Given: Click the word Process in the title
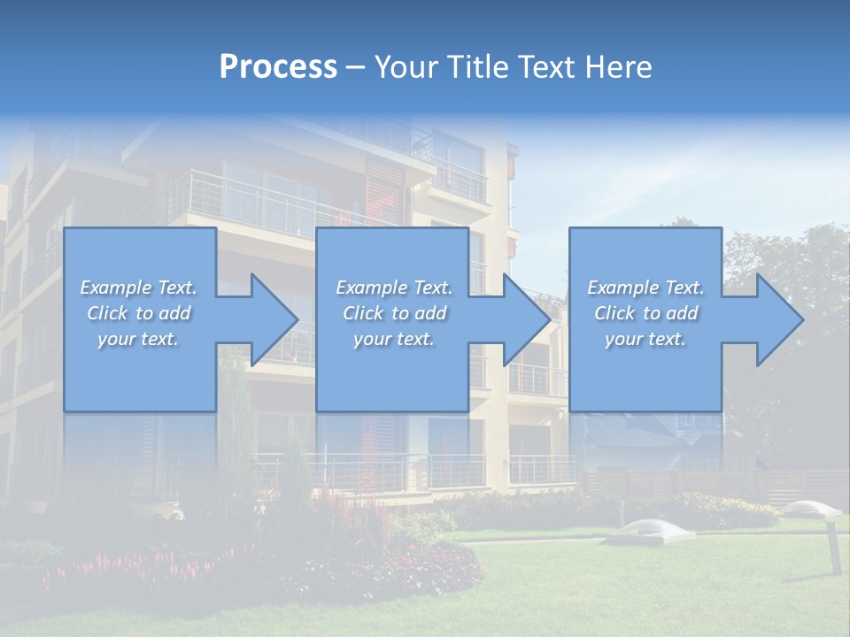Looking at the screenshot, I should [278, 67].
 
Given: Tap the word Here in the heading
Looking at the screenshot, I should [617, 67].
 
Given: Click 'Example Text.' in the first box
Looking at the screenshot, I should [138, 288].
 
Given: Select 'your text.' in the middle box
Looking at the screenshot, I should [393, 339].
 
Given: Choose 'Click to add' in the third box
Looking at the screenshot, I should [645, 313].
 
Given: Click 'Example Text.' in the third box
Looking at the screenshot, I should [645, 288].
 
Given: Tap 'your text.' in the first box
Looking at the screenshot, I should [138, 339].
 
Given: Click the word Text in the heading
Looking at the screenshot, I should [549, 67].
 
